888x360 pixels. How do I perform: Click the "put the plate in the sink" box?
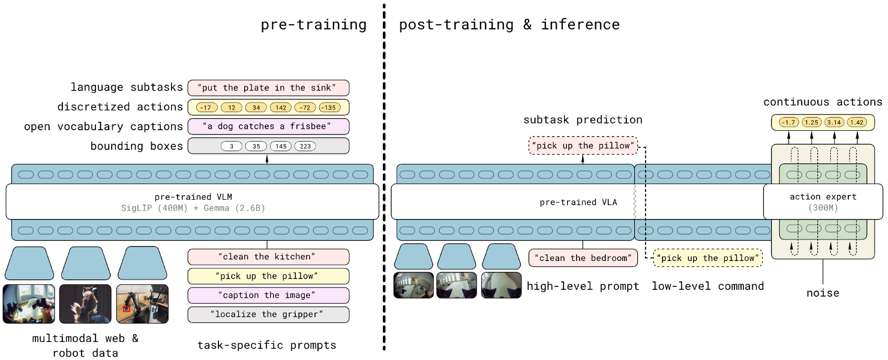point(268,88)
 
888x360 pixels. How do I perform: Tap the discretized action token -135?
point(329,107)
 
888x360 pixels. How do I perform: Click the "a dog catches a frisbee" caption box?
point(268,127)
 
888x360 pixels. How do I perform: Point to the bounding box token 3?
point(232,146)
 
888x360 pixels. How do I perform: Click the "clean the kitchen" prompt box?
point(268,257)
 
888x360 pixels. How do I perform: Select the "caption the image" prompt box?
point(268,295)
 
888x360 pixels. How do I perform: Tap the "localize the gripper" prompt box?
point(268,314)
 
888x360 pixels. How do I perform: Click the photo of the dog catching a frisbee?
point(85,304)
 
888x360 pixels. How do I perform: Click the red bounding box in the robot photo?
point(127,308)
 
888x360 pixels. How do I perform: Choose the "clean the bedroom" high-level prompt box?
point(583,258)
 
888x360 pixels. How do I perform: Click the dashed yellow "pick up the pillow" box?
point(707,258)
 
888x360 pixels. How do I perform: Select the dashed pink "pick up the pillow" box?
point(582,146)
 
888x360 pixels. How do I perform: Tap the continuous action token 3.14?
point(833,123)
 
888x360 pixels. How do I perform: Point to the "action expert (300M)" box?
point(823,202)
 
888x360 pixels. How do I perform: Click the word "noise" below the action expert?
point(823,293)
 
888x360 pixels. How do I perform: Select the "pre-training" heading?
point(313,25)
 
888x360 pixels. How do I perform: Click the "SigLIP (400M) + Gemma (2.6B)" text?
point(192,208)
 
